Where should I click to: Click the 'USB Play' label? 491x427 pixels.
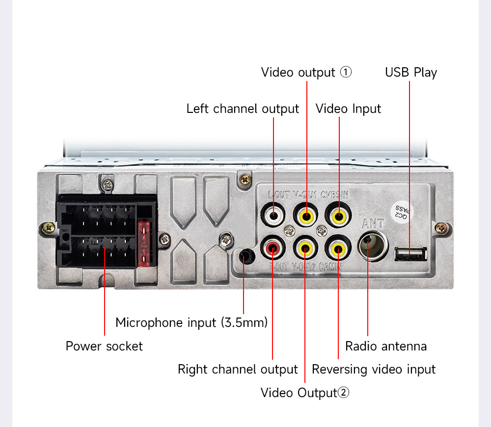point(410,73)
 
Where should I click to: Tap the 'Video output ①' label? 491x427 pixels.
point(306,73)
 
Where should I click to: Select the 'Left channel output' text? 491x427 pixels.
point(243,108)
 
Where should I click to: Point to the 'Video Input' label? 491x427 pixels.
point(348,108)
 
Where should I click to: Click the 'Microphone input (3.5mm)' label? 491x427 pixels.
point(191,322)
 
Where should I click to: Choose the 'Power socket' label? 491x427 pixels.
point(104,346)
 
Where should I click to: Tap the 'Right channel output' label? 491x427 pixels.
point(238,369)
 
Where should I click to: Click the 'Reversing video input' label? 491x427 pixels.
point(374,369)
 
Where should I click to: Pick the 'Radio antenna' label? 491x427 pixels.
point(386,346)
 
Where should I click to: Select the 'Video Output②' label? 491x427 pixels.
point(305,393)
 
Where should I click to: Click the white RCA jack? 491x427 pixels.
point(273,214)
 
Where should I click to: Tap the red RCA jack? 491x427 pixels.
point(273,249)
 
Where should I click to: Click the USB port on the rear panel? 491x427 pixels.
point(410,254)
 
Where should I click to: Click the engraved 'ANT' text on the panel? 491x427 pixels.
point(373,223)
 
